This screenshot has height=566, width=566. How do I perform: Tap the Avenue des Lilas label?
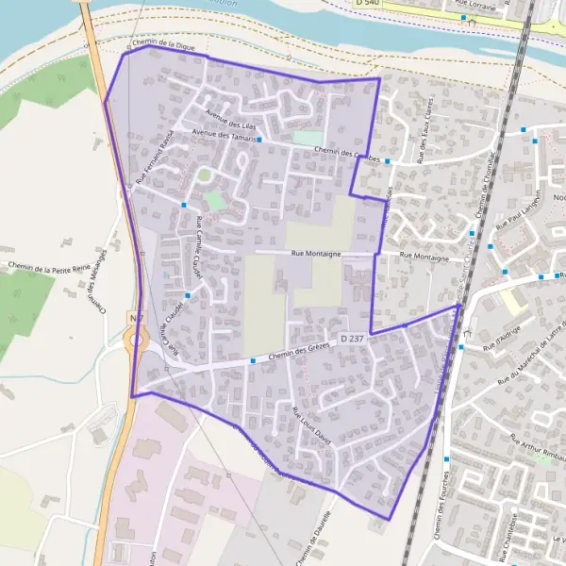pyautogui.click(x=231, y=122)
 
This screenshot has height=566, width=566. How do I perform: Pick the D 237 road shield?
pyautogui.click(x=351, y=338)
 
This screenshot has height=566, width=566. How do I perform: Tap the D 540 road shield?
pyautogui.click(x=368, y=4)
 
